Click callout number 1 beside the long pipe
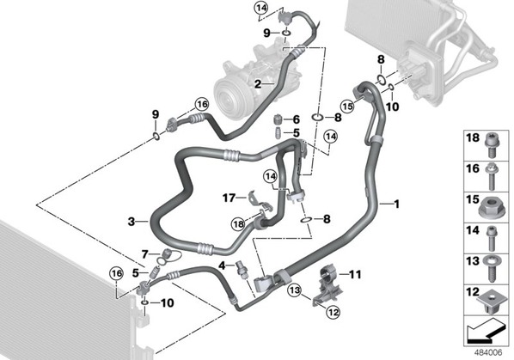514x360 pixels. click(396, 204)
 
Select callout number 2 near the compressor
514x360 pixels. click(258, 84)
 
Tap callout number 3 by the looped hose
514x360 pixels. click(132, 222)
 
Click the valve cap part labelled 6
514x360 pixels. click(278, 119)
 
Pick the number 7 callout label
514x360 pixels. click(145, 253)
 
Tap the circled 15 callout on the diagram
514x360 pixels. click(347, 106)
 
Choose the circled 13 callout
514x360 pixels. click(295, 290)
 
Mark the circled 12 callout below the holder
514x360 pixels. click(333, 312)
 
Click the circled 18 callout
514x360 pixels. click(238, 224)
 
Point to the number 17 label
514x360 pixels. click(229, 198)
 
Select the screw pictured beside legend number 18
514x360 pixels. click(492, 145)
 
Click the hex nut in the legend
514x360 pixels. click(492, 208)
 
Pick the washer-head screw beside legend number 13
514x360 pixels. click(492, 269)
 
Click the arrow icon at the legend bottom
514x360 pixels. click(485, 332)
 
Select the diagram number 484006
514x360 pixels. click(488, 352)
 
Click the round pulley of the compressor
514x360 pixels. click(230, 98)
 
